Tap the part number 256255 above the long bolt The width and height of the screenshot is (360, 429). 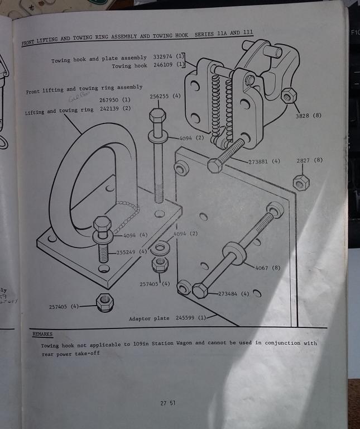pos(161,96)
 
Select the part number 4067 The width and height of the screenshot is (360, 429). pos(262,268)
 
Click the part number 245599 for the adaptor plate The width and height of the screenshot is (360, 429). pos(187,318)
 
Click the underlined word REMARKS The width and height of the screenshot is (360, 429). pos(42,333)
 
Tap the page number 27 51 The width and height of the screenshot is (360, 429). pos(168,403)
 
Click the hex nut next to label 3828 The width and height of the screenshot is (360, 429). pos(288,96)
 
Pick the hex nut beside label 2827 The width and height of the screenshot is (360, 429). pos(302,182)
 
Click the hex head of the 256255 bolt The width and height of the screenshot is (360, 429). pos(157,116)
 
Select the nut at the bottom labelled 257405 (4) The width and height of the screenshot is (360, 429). pos(104,302)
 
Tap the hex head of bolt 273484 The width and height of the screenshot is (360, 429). pos(200,290)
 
